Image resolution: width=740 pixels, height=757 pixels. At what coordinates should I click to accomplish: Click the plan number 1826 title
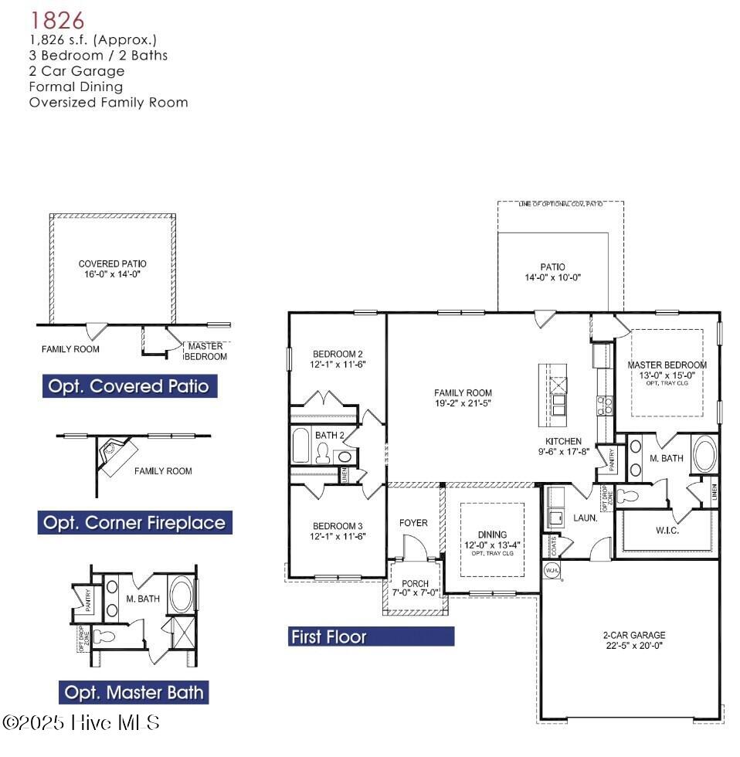click(57, 19)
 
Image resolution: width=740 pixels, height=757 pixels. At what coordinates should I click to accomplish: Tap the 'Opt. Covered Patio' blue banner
click(129, 386)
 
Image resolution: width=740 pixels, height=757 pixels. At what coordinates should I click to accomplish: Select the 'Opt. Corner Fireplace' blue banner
click(134, 523)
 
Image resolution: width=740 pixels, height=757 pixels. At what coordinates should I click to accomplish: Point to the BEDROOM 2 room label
click(338, 358)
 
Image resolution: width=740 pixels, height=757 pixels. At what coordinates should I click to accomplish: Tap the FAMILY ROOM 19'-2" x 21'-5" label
click(463, 398)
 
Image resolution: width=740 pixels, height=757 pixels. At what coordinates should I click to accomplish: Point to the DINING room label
click(492, 539)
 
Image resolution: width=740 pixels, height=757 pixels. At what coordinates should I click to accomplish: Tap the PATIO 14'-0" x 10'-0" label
click(552, 272)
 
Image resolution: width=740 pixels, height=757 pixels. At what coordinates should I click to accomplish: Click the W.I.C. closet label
click(667, 531)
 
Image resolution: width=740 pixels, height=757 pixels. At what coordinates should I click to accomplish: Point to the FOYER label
click(413, 523)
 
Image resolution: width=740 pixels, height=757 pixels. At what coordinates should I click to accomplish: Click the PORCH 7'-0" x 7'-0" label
click(415, 588)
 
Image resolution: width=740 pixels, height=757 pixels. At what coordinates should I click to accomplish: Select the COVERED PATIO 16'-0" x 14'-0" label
click(112, 268)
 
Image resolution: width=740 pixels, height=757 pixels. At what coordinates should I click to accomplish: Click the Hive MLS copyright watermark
click(81, 723)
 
